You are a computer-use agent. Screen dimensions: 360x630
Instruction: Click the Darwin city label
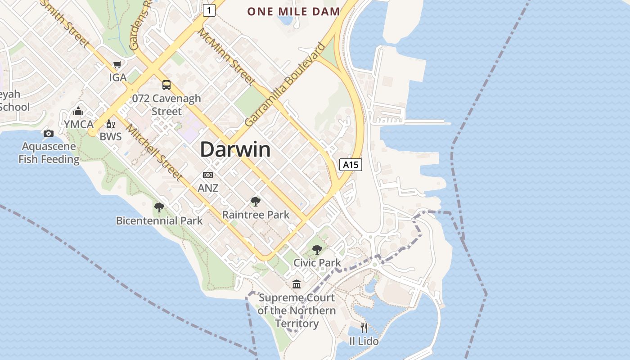235,149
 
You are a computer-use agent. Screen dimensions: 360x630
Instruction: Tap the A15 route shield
351,165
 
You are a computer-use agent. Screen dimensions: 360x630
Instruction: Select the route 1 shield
209,10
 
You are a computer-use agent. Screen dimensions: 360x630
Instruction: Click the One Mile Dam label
293,12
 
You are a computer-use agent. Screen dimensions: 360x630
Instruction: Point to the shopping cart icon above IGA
117,65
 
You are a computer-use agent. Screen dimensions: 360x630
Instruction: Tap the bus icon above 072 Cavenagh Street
166,85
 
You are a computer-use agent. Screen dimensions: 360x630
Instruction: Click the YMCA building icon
79,111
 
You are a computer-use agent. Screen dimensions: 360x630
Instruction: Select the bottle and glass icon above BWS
110,124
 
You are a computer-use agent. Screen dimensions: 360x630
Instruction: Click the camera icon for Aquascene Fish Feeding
49,133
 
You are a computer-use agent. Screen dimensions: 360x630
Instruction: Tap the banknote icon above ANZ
208,175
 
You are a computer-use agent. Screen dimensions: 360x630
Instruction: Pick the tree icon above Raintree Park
256,202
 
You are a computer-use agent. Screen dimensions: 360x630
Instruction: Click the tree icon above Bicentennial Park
159,207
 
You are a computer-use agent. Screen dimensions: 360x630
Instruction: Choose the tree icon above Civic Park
317,249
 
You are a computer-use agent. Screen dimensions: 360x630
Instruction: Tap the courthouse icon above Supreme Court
297,284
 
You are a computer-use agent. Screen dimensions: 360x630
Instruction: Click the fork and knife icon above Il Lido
364,328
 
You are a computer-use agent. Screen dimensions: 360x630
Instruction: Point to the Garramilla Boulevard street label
285,85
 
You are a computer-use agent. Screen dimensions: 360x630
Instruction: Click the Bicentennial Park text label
159,221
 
